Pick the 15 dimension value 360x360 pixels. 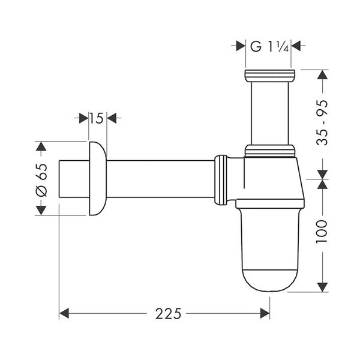point(96,118)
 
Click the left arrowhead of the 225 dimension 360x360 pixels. point(65,313)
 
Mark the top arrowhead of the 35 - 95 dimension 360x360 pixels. point(323,76)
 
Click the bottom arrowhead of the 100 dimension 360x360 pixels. point(323,286)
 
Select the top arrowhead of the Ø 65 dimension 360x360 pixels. point(41,148)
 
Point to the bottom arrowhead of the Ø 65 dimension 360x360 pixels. point(41,209)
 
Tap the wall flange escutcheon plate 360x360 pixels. point(97,178)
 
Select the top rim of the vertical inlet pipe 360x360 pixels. point(269,75)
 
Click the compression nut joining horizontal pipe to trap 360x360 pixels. point(221,179)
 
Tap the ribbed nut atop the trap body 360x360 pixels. point(269,151)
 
